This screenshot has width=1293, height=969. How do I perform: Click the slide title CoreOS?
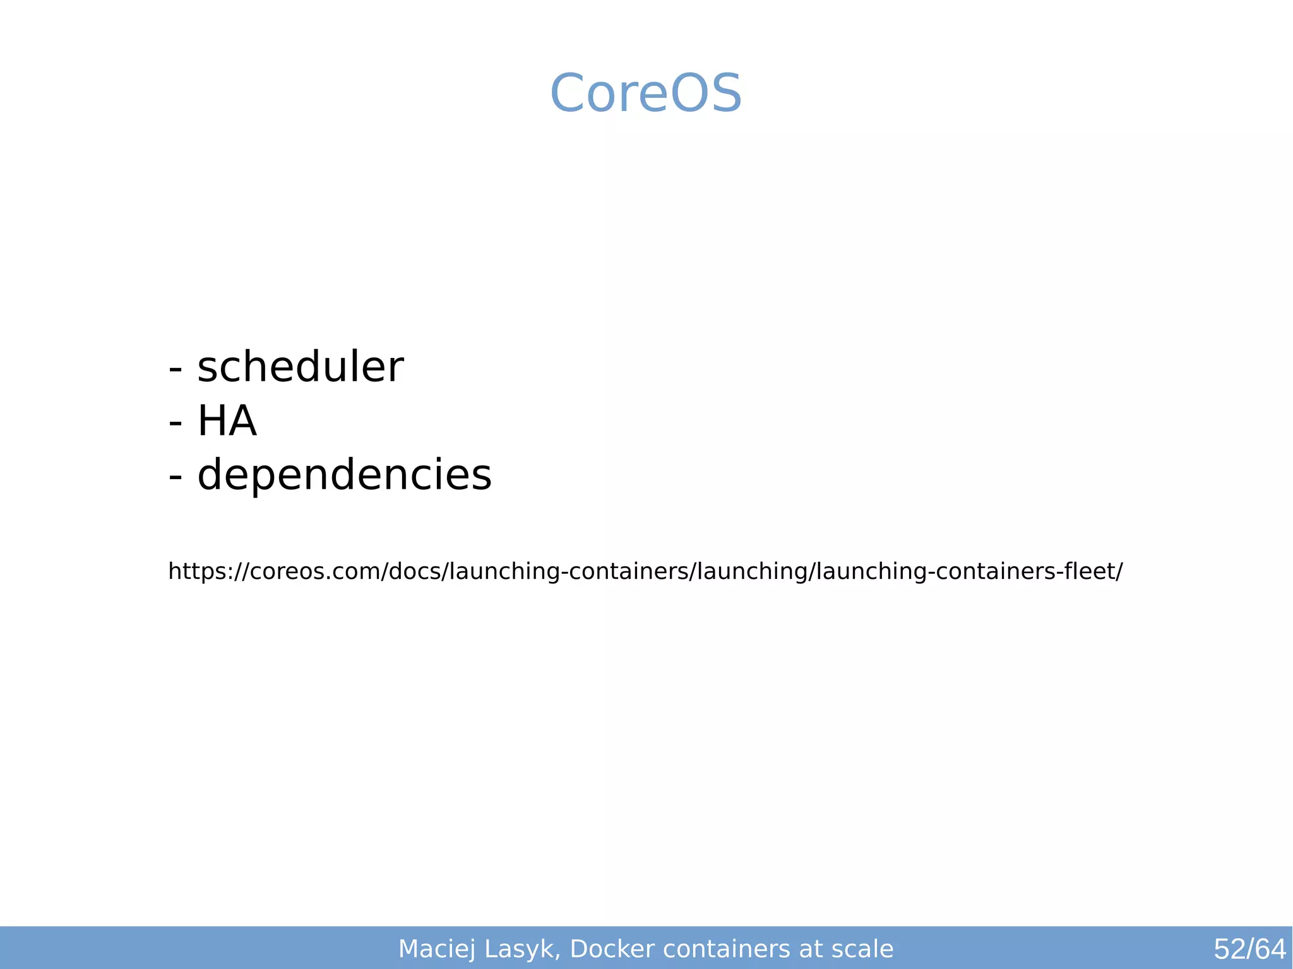click(x=646, y=93)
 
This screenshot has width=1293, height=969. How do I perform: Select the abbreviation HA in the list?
click(x=227, y=421)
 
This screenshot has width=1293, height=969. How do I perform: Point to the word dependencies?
click(x=344, y=475)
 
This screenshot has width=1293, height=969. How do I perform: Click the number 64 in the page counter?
click(x=1270, y=949)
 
